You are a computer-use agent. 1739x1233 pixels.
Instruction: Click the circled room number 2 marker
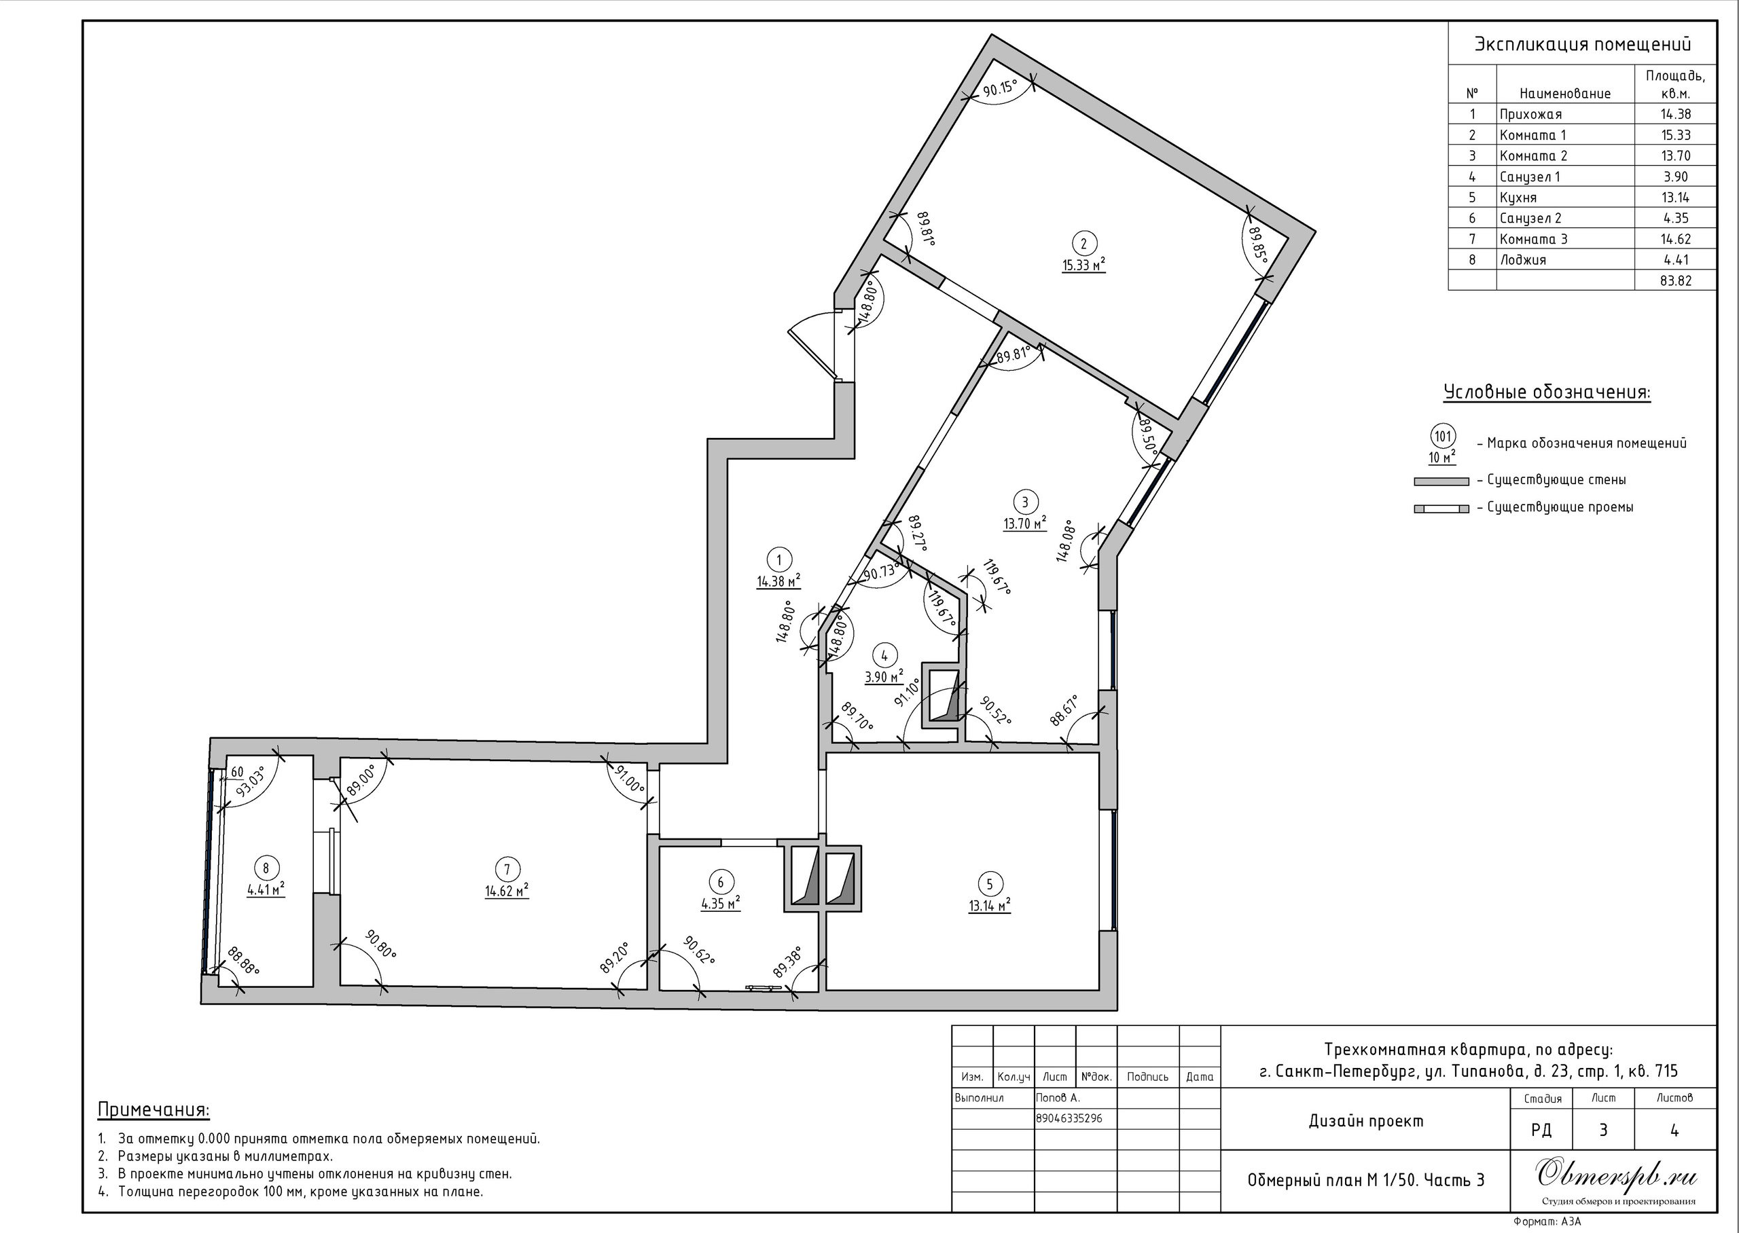coord(1083,243)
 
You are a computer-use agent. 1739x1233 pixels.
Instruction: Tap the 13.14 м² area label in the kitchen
coord(990,905)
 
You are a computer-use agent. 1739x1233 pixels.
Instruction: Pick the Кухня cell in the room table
coord(1518,198)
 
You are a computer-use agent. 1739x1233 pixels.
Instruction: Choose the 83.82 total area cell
coord(1676,280)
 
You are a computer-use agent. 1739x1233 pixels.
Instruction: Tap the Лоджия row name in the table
coord(1522,259)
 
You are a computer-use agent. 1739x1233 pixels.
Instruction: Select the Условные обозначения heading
coord(1547,392)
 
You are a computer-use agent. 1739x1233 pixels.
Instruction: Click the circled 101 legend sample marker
coord(1442,437)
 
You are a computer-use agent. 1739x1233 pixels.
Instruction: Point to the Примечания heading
coord(154,1109)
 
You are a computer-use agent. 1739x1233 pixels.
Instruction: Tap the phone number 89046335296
coord(1069,1118)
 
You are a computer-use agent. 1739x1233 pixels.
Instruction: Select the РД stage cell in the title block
coord(1541,1130)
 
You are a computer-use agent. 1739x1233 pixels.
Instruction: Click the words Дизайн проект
coord(1366,1121)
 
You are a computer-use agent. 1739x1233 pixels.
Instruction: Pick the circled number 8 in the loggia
coord(266,868)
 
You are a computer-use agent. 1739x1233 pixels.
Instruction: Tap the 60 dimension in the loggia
coord(237,772)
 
